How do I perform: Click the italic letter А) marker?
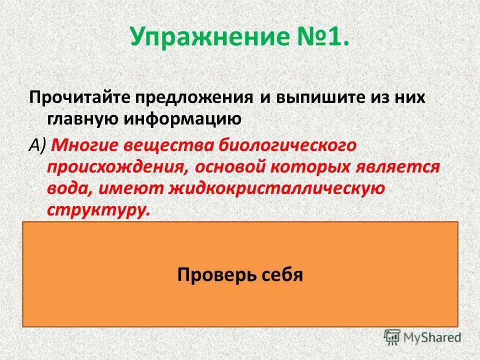[37, 145]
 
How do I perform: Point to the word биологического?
[288, 145]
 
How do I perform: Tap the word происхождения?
[118, 167]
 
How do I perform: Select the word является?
[397, 167]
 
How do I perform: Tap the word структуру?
[98, 209]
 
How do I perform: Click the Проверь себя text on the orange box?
[240, 274]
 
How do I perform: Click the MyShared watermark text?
[433, 337]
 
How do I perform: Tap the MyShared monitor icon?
[393, 336]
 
